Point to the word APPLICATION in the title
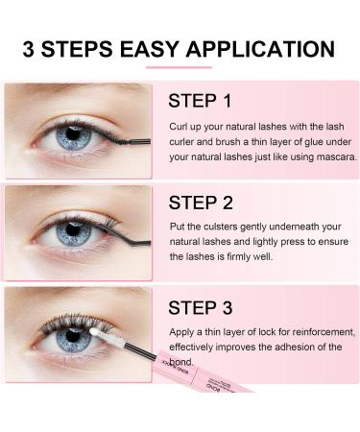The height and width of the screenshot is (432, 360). point(276,49)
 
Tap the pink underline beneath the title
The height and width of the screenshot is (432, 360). point(180,67)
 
